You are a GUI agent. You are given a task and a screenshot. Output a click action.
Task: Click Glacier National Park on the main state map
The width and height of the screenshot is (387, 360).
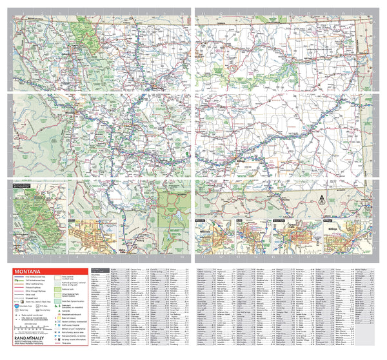pos(83,39)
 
